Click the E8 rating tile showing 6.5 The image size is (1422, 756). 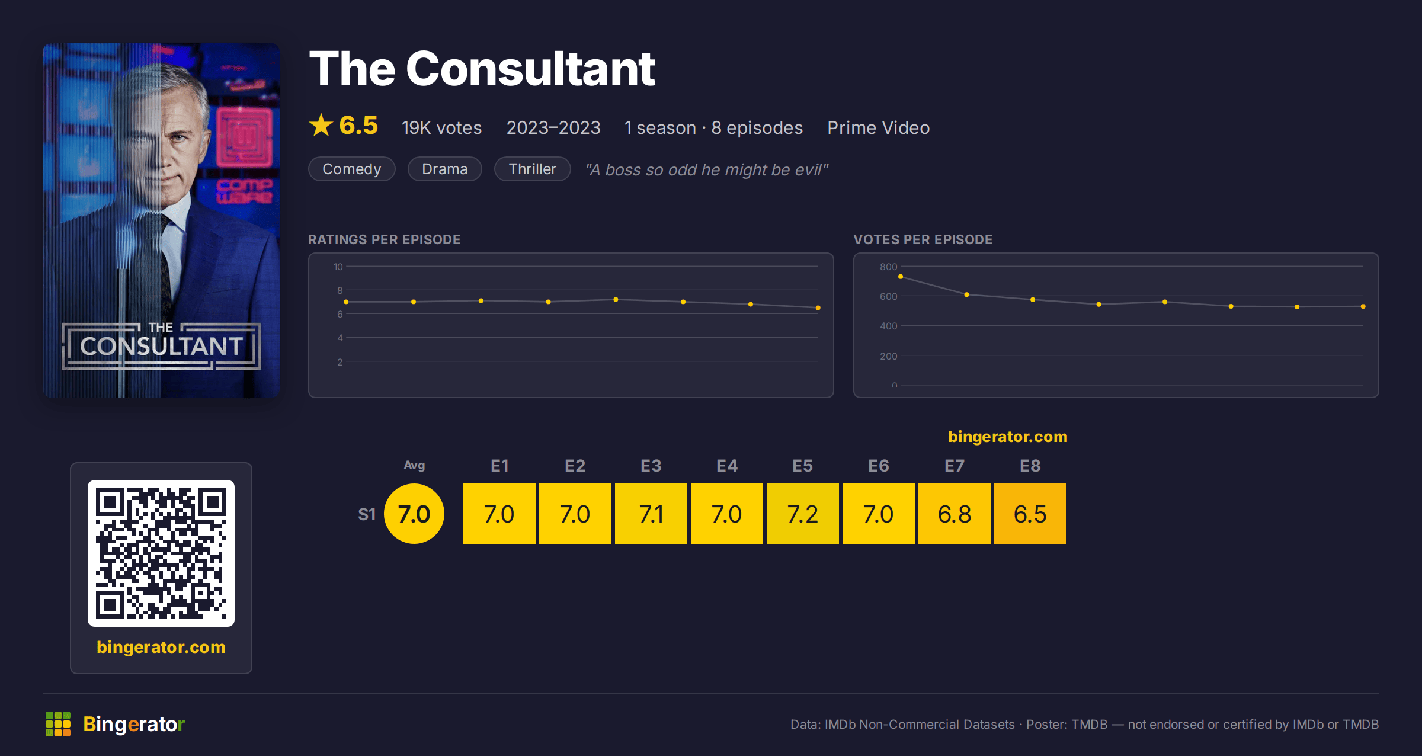point(1030,514)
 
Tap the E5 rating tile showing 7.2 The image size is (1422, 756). point(803,514)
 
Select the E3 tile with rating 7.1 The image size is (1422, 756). point(651,514)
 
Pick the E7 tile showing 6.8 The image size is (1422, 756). point(955,514)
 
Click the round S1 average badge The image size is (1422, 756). point(414,514)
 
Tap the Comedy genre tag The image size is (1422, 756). point(352,169)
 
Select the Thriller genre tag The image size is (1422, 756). point(533,169)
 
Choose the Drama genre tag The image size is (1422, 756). point(445,169)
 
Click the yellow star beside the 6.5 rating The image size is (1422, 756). point(321,125)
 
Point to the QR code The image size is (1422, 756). point(161,553)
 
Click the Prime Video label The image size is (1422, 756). point(879,127)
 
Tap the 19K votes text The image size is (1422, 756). point(442,127)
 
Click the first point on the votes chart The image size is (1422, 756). point(901,277)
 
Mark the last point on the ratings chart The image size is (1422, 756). point(818,308)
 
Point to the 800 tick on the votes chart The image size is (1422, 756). point(888,267)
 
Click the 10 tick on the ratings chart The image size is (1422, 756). point(338,267)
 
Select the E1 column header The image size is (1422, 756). point(499,466)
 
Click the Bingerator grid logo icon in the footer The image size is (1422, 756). point(58,724)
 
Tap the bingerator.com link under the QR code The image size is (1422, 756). point(161,647)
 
